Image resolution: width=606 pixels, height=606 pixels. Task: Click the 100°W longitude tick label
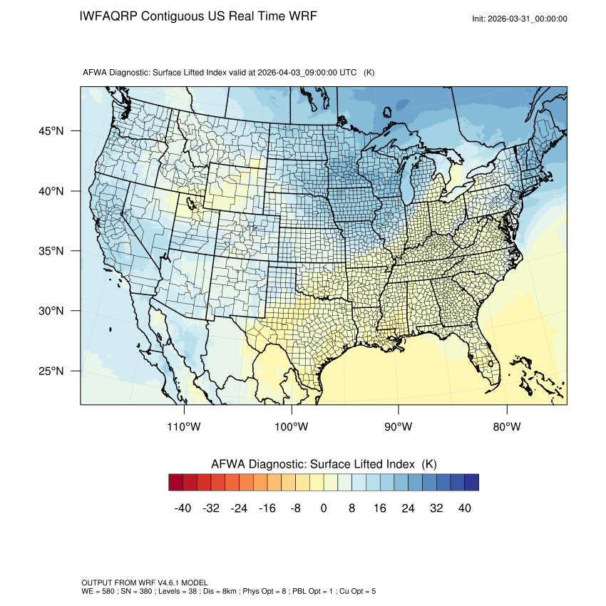pos(292,427)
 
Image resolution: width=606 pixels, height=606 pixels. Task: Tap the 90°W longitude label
pos(399,427)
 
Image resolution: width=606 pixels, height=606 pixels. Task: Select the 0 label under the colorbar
pos(324,508)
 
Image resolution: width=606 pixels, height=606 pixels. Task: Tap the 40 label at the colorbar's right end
pos(464,508)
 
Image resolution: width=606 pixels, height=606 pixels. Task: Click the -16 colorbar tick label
pos(267,508)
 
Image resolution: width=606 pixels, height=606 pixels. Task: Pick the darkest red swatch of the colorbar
pos(176,483)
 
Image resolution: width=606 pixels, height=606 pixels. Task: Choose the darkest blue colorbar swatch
pos(471,483)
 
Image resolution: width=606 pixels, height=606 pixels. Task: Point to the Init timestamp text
pos(520,19)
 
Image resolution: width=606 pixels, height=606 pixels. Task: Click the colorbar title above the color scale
pos(324,464)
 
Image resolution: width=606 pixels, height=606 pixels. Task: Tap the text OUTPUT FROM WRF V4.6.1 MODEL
pos(145,582)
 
